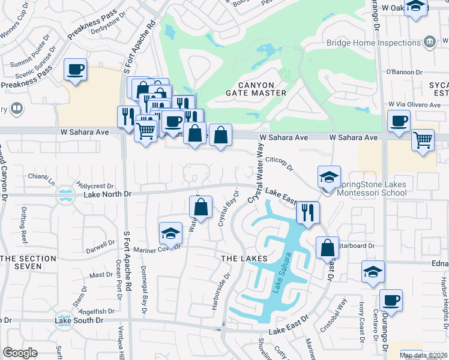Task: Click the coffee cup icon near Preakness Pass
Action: pos(76,70)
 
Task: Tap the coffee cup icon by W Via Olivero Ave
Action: pos(399,122)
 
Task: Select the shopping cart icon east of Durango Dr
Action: pos(423,140)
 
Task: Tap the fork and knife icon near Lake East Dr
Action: pos(308,212)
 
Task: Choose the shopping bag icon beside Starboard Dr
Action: pos(327,248)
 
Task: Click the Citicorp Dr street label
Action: pos(279,161)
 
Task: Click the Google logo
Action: pos(20,353)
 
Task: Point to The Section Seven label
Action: pos(28,262)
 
